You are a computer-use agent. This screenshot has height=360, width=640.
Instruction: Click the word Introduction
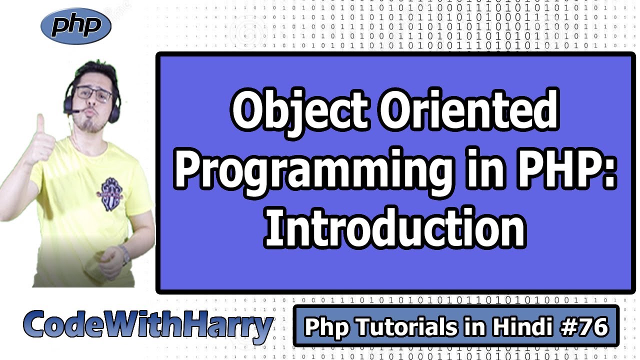click(395, 227)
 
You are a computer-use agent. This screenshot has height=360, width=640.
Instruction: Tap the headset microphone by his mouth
click(75, 111)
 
